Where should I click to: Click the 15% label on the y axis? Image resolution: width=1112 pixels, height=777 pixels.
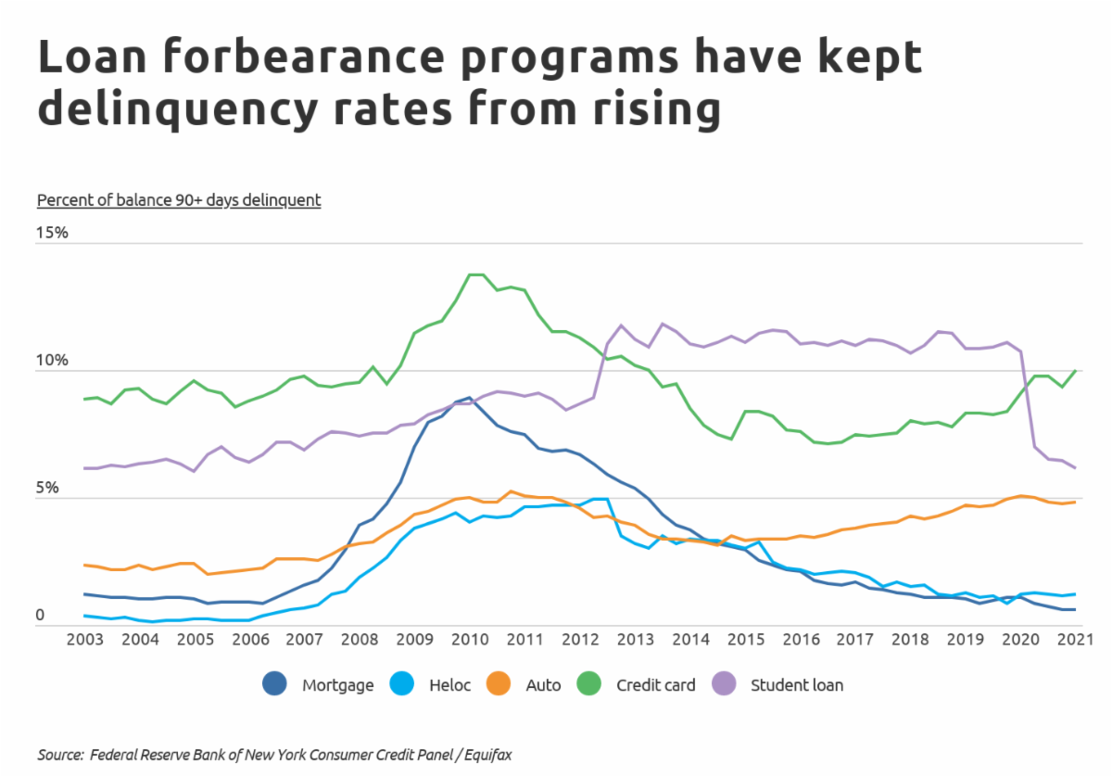click(53, 233)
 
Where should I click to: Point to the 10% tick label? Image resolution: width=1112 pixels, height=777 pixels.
click(53, 361)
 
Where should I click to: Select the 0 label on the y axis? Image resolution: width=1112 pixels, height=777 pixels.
click(41, 615)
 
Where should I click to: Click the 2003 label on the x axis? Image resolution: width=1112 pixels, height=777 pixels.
click(84, 640)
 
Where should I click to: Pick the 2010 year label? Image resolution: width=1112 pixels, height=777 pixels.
click(470, 640)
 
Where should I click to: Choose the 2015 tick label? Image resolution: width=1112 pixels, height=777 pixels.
click(745, 640)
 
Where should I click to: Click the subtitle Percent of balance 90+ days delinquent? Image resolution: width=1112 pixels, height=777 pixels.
click(178, 199)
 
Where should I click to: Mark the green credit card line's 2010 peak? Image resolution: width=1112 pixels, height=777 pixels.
click(474, 274)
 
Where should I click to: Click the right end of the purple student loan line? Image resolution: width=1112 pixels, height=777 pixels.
click(1075, 468)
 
